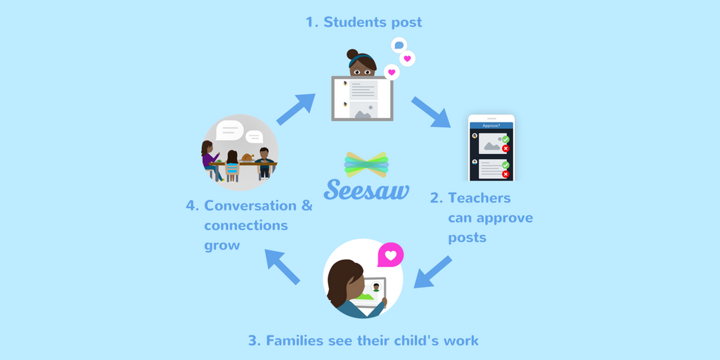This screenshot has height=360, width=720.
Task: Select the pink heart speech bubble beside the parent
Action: (391, 255)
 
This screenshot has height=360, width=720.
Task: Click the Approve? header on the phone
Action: (491, 126)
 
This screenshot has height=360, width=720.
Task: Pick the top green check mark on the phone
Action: (505, 140)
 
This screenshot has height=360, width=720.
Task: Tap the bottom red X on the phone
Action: (505, 174)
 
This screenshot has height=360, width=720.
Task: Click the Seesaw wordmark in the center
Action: (366, 188)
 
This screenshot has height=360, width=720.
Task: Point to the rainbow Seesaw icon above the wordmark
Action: (366, 164)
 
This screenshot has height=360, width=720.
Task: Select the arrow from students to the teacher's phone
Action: (431, 112)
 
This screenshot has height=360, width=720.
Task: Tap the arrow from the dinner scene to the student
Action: (295, 110)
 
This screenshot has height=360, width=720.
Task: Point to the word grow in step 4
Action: (222, 246)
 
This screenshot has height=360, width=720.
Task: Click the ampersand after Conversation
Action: (307, 206)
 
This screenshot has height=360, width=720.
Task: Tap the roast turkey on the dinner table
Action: (247, 157)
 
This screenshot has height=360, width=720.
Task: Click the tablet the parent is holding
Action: (372, 292)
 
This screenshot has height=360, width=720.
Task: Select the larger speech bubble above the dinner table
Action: (229, 130)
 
